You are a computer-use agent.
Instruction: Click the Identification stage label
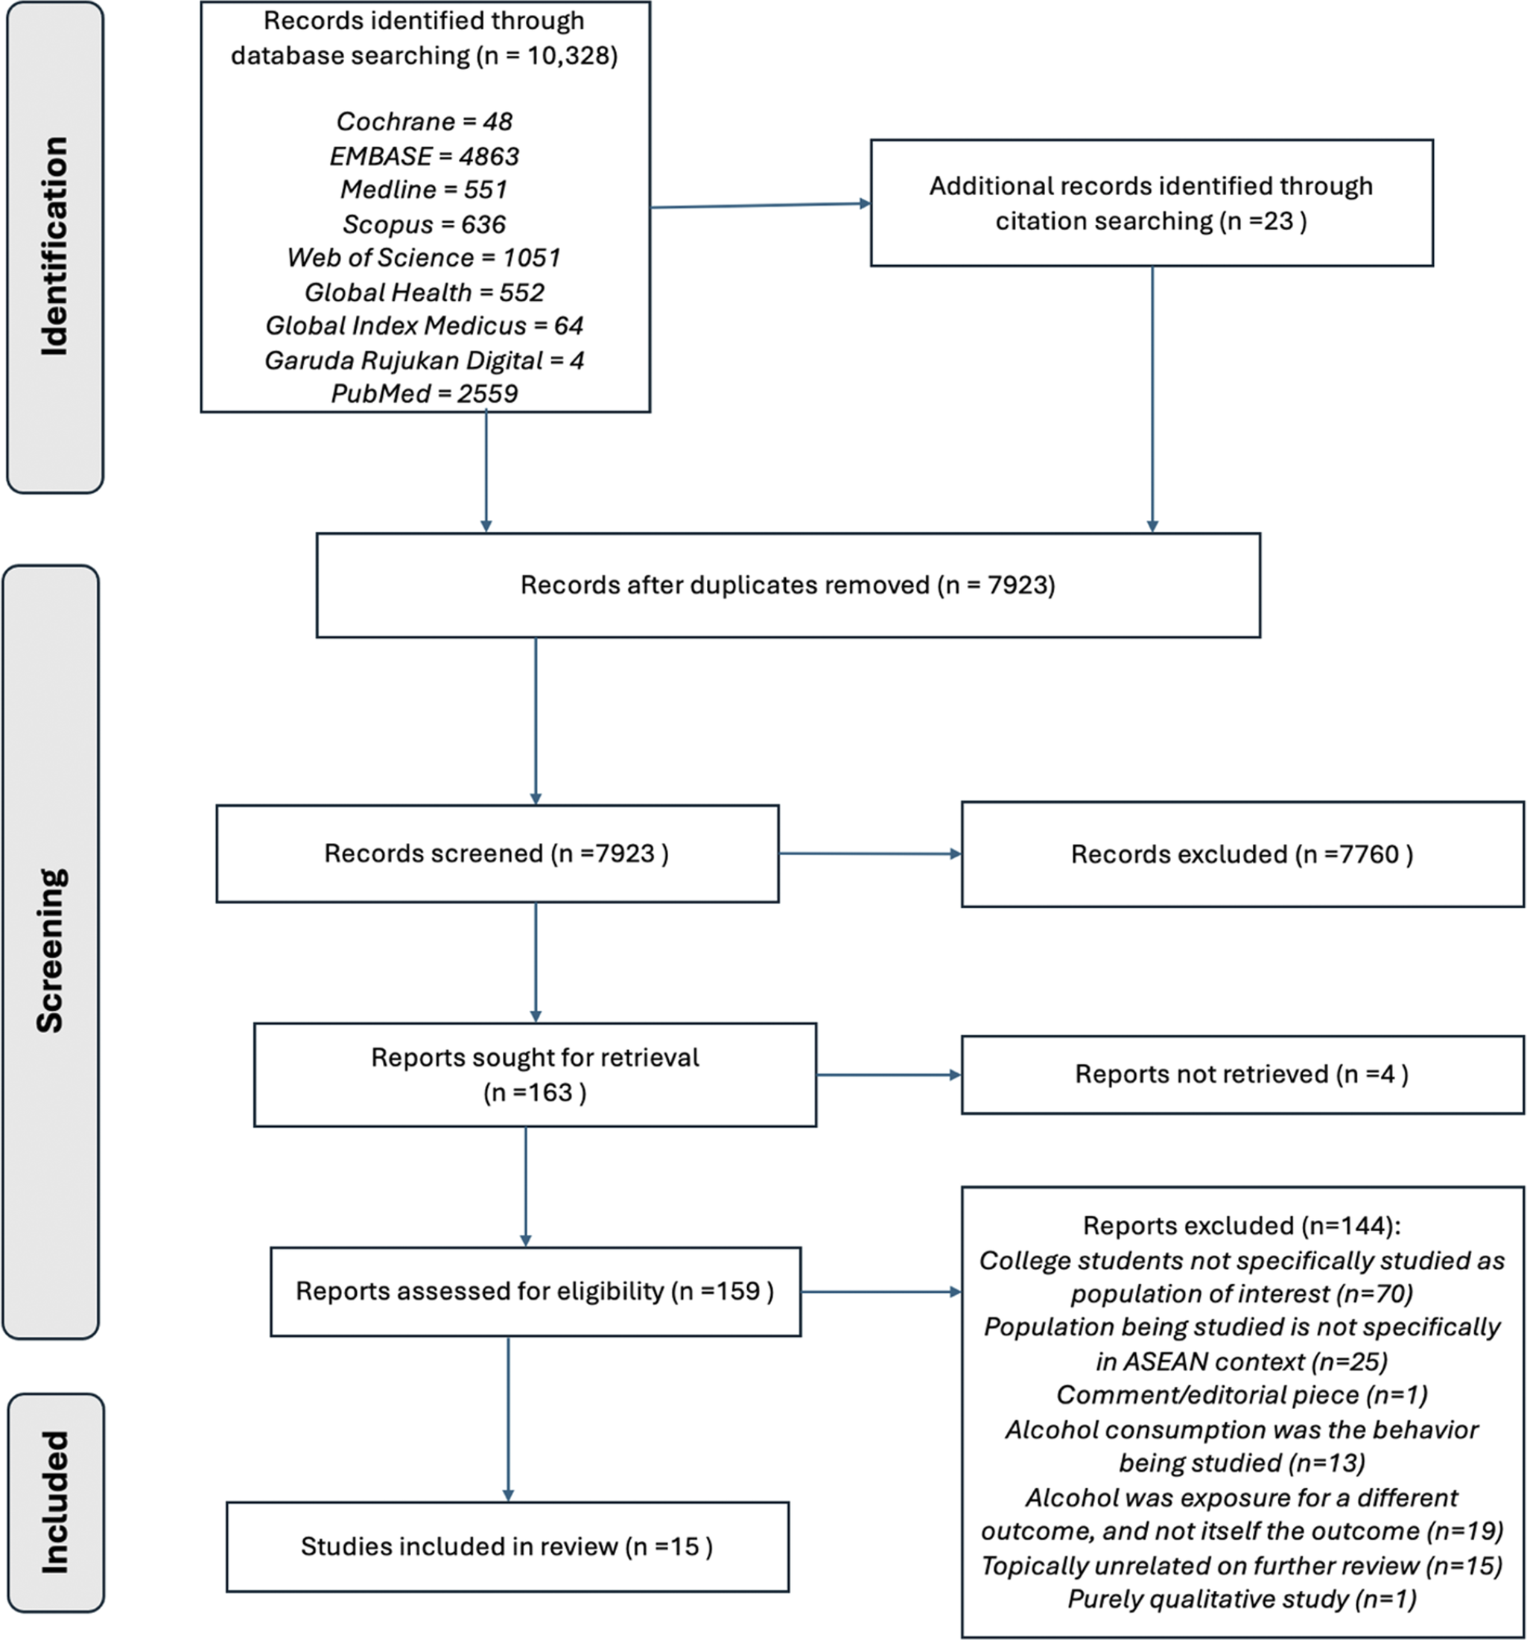[54, 247]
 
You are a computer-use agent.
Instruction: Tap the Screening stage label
[51, 950]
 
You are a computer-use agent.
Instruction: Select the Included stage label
[54, 1501]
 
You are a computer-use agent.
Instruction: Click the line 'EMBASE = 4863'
[424, 156]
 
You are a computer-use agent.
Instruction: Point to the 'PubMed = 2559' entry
[424, 393]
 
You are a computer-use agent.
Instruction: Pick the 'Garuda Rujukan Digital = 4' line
[424, 360]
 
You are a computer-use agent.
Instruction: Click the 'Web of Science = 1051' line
[424, 258]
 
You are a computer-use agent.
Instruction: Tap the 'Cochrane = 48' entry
[424, 121]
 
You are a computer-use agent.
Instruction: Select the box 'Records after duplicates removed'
[788, 585]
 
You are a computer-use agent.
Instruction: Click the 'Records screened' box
[498, 853]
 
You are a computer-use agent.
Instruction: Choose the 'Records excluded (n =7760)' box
[1242, 854]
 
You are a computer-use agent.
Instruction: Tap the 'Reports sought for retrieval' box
[535, 1074]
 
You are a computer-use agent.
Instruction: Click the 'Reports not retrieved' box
[1242, 1074]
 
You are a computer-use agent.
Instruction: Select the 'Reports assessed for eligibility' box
[536, 1291]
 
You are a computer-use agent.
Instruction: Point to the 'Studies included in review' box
[507, 1546]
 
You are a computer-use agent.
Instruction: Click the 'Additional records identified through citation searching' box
[1152, 203]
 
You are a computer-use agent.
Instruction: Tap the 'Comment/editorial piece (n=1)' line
[1242, 1394]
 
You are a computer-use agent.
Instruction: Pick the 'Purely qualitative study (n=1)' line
[1242, 1598]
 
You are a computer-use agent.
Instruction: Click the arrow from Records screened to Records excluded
[870, 854]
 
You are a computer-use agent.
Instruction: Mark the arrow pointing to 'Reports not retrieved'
[889, 1075]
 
